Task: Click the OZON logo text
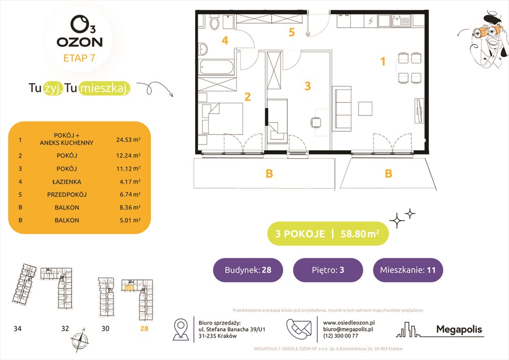[79, 42]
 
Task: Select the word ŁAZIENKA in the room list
[66, 181]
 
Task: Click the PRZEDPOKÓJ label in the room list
[66, 194]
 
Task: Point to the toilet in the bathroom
[215, 22]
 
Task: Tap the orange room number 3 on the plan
[307, 86]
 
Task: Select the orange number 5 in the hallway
[292, 32]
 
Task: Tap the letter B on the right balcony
[388, 174]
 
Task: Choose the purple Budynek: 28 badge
[247, 270]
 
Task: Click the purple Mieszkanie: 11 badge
[408, 270]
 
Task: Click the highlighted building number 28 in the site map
[143, 329]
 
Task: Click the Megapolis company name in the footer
[459, 330]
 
